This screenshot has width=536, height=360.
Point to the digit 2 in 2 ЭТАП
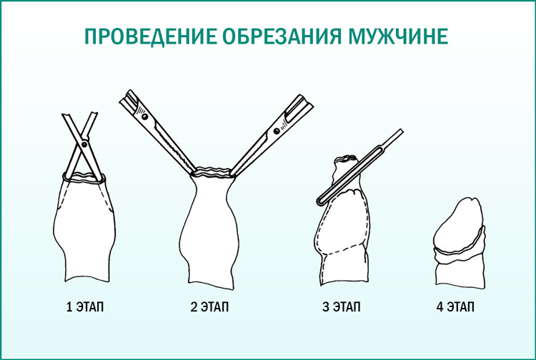[x=194, y=308]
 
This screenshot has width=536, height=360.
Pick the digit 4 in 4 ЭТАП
[x=439, y=308]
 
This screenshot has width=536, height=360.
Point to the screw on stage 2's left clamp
[x=145, y=114]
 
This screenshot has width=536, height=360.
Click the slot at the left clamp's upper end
[x=129, y=96]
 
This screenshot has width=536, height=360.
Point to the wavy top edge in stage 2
[x=214, y=171]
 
